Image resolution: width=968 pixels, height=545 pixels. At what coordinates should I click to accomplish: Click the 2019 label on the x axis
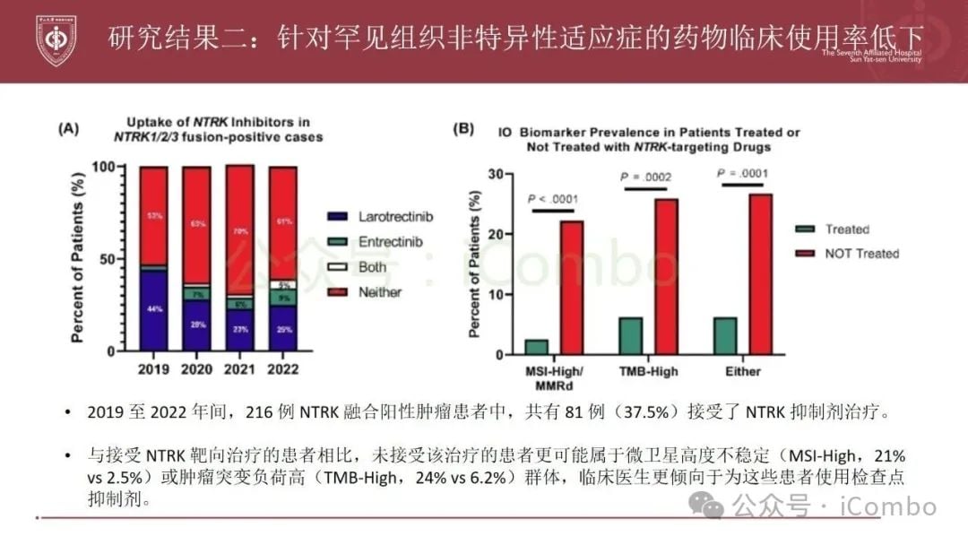pyautogui.click(x=154, y=368)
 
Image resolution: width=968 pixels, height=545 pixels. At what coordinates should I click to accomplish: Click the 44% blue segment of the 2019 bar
pyautogui.click(x=154, y=310)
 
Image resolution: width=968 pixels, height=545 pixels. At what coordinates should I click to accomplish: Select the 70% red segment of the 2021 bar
pyautogui.click(x=240, y=230)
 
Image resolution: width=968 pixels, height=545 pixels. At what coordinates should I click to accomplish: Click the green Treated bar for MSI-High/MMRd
pyautogui.click(x=537, y=347)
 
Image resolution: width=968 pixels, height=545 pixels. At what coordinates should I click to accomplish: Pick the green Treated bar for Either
pyautogui.click(x=726, y=335)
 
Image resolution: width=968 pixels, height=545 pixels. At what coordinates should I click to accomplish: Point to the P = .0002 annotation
pyautogui.click(x=645, y=177)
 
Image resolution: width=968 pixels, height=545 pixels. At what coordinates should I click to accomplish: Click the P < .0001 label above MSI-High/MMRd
pyautogui.click(x=553, y=198)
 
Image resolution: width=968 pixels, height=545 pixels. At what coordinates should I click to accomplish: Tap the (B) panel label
pyautogui.click(x=463, y=129)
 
